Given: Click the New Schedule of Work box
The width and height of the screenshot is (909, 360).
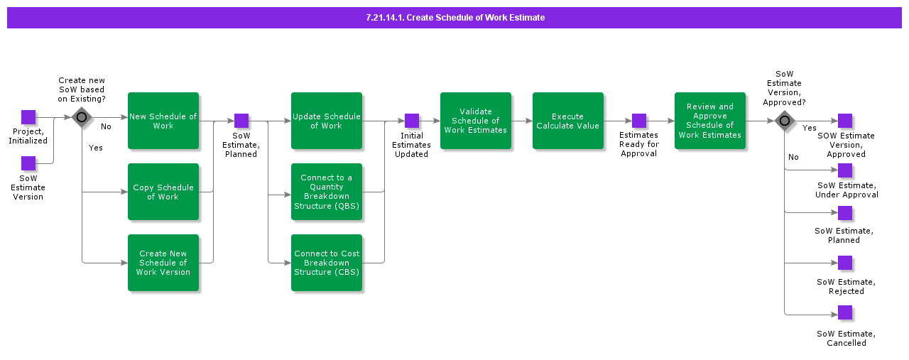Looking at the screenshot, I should (163, 121).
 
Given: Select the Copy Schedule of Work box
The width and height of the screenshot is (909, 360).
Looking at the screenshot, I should (163, 192).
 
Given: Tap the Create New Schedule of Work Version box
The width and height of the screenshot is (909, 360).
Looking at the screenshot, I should (163, 263).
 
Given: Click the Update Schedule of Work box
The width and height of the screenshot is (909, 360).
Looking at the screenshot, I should (326, 121).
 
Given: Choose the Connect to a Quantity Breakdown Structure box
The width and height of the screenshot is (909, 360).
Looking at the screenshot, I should (326, 192).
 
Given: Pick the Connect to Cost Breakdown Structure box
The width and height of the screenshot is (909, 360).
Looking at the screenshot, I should (326, 263).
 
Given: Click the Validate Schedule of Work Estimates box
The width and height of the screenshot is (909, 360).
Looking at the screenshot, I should (475, 121).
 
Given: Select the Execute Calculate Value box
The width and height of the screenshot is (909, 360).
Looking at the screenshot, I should (567, 121).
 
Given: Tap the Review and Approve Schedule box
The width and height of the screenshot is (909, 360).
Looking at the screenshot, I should (709, 121).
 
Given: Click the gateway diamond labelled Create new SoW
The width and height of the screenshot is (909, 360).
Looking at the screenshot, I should (82, 118).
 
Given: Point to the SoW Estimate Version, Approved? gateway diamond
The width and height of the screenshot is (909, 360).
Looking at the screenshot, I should (784, 121).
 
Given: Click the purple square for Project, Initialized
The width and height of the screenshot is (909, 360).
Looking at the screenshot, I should (28, 117).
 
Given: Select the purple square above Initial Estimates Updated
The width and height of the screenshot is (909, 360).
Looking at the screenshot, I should (412, 121).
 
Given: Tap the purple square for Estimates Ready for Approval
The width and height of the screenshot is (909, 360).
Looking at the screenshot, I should (639, 121).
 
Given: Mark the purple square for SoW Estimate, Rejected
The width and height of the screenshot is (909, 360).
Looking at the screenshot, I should (845, 263).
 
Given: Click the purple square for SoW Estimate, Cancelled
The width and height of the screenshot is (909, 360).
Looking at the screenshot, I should (845, 312).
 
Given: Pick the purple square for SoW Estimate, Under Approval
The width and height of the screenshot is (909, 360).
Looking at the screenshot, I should (845, 170).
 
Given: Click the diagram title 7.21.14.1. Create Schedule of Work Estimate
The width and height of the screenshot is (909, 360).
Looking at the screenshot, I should (454, 18).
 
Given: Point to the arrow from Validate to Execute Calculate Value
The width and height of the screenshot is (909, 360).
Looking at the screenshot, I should (522, 121).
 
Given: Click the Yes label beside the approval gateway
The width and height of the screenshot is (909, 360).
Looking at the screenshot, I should (809, 129).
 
